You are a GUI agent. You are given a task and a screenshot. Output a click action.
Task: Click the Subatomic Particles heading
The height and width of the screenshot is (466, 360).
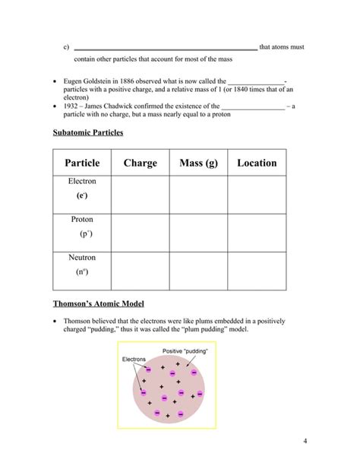87,132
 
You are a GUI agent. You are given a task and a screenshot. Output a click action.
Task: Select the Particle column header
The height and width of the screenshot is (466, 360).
82,163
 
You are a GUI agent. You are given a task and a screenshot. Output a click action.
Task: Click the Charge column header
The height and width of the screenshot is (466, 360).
140,163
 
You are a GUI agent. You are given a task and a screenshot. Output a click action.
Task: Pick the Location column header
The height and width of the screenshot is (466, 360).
257,163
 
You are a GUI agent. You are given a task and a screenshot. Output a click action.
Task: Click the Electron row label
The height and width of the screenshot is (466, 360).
82,182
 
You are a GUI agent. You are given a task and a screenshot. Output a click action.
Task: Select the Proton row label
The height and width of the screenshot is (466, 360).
82,219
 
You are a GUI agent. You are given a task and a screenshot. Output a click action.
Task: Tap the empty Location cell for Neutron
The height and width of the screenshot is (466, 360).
257,271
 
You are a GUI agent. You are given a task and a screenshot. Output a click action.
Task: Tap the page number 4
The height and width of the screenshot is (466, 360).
304,441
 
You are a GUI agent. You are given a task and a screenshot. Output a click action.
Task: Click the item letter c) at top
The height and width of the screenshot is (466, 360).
66,47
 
